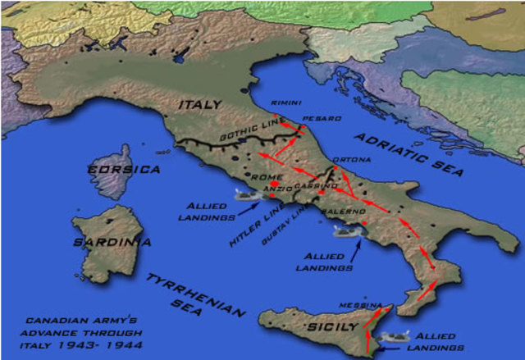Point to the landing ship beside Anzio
click(244, 195)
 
